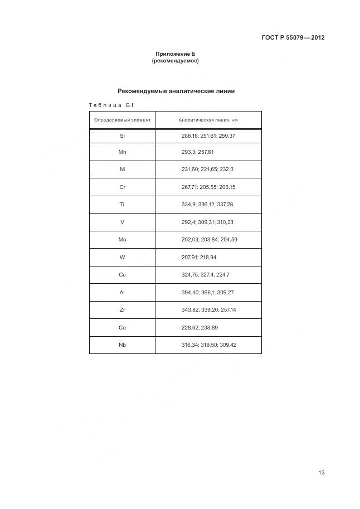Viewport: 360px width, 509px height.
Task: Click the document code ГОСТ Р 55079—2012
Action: tap(293, 38)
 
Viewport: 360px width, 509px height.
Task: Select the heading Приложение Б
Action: tap(175, 54)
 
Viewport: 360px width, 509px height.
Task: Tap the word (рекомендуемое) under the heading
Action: tap(175, 60)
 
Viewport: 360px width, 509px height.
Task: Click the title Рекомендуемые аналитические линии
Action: tap(176, 90)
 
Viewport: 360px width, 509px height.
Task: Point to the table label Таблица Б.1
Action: tap(111, 105)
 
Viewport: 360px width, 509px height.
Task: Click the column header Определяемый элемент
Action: tap(123, 120)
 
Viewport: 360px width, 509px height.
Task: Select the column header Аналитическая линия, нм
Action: tap(208, 120)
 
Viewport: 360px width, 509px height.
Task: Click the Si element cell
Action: tap(123, 135)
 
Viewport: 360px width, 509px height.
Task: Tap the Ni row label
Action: tap(123, 169)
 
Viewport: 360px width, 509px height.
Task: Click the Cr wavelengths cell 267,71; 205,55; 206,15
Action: tap(208, 187)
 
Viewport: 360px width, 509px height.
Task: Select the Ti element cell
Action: tap(123, 205)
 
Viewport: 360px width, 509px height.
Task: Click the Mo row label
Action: tap(123, 239)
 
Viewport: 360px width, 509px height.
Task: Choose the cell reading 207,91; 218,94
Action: tap(200, 257)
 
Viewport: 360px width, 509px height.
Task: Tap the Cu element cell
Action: tap(123, 275)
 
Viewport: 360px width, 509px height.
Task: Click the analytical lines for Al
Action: tap(208, 292)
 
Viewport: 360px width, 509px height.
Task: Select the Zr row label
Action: tap(123, 309)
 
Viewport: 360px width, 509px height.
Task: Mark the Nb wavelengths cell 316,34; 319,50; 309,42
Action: tap(209, 345)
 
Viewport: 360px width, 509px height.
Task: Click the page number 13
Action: tap(322, 473)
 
